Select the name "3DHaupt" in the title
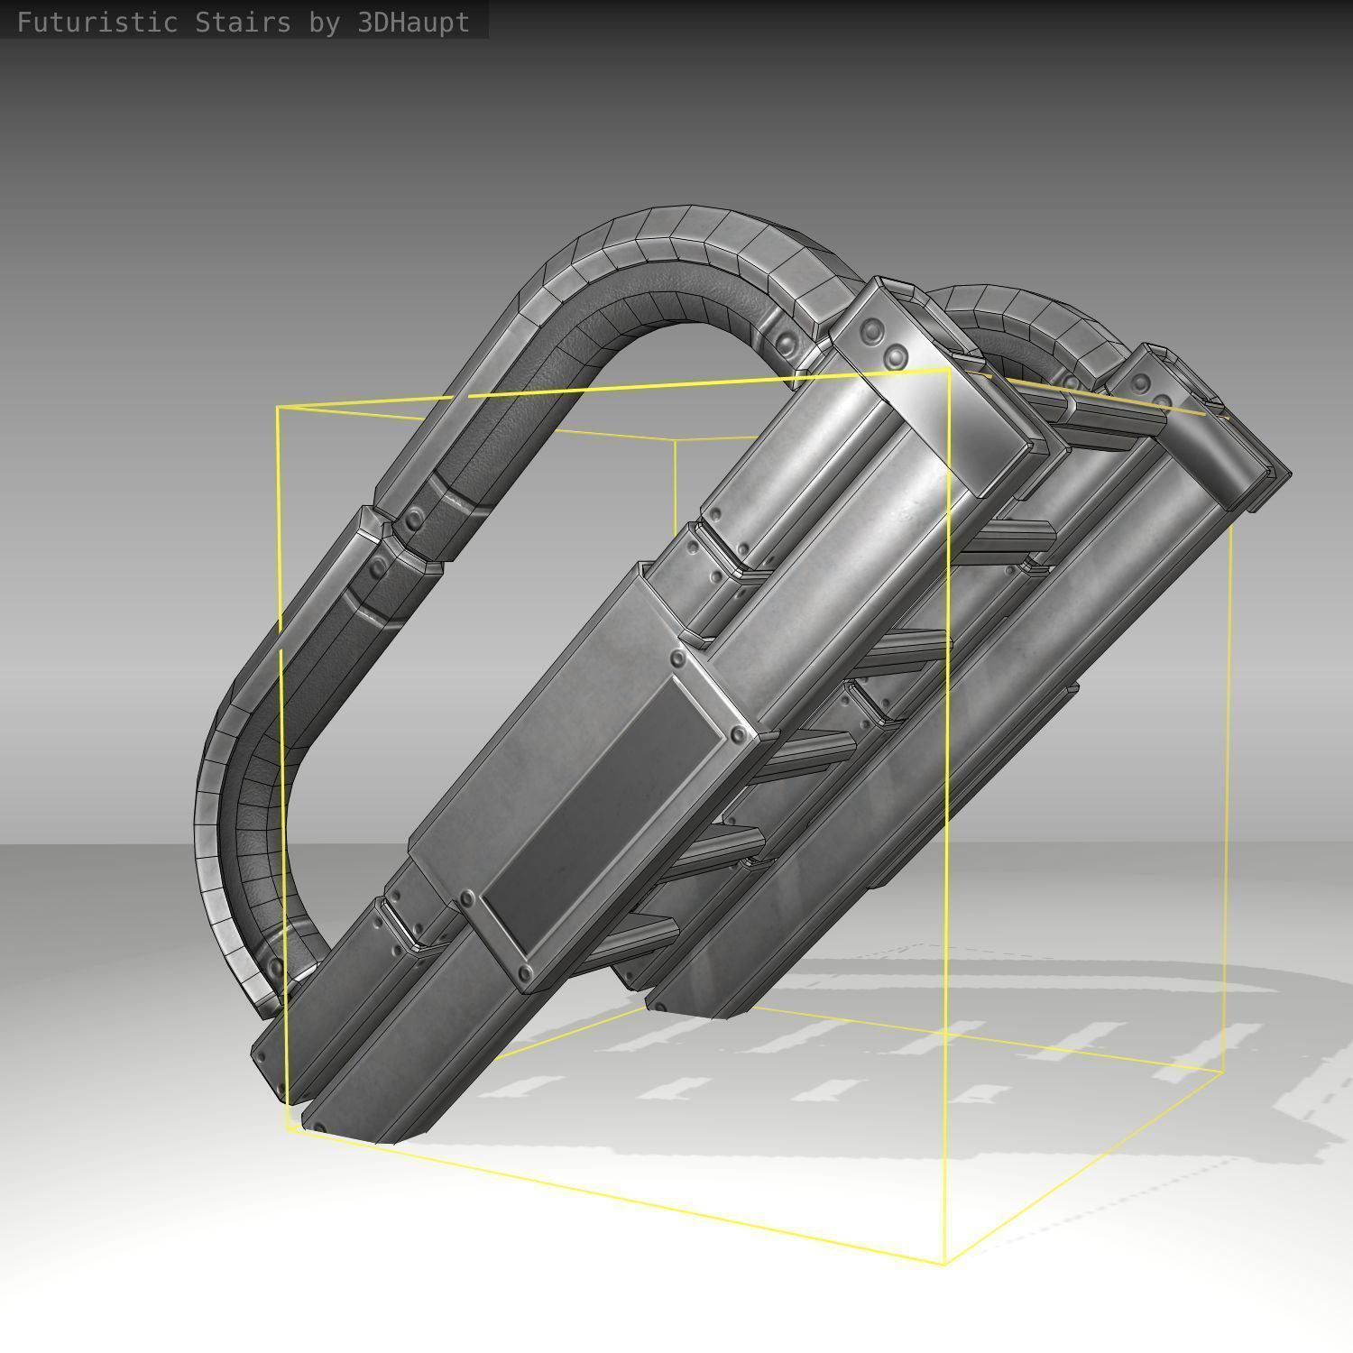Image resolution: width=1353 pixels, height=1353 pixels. click(x=413, y=23)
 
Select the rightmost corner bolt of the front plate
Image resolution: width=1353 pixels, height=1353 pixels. click(x=739, y=736)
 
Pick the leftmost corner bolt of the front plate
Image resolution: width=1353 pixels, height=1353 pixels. click(x=466, y=899)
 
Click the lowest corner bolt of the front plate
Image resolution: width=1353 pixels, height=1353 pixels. click(x=525, y=973)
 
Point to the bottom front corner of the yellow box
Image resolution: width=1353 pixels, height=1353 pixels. click(x=944, y=1264)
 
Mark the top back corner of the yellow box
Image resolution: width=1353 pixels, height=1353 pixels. click(x=676, y=439)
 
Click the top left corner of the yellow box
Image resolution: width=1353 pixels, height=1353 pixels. click(x=278, y=408)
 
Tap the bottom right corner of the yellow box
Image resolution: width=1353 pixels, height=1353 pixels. click(x=1223, y=1073)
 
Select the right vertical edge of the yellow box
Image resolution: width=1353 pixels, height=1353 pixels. click(x=1228, y=767)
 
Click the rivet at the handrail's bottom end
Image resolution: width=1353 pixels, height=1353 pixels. click(x=274, y=968)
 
